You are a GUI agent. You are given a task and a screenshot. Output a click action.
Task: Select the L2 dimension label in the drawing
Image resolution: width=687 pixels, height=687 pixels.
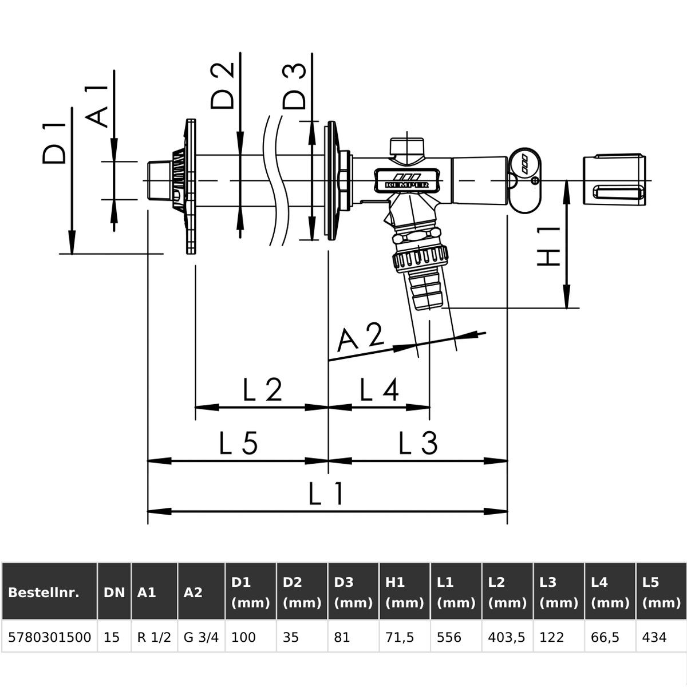point(262,390)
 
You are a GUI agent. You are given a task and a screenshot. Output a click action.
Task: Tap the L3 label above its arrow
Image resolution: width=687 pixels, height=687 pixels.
point(418,443)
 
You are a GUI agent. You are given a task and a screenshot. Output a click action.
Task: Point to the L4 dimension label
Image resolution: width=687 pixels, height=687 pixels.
point(379,390)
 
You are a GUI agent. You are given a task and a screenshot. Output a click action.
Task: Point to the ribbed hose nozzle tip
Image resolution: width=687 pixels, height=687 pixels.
point(427,292)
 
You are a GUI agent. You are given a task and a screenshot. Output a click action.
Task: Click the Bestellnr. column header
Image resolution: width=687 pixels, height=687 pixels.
point(44,592)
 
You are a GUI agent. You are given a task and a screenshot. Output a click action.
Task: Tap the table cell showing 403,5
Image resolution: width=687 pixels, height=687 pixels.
point(507,637)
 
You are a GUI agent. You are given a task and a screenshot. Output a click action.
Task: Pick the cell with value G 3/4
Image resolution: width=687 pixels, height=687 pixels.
point(201,637)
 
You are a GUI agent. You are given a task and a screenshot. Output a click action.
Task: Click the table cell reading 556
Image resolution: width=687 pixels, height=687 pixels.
point(448,637)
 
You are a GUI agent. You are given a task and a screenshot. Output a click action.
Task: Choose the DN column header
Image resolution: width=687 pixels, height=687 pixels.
point(114,592)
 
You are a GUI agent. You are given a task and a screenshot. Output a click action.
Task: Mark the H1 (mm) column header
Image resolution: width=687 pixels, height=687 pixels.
point(404,592)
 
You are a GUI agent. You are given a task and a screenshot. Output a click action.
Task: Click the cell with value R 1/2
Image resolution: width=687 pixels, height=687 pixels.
point(155,637)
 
